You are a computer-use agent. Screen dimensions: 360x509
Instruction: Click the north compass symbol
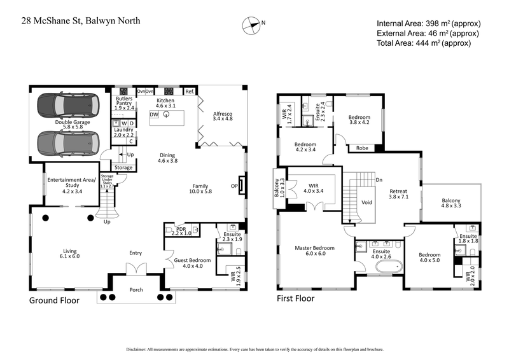252,25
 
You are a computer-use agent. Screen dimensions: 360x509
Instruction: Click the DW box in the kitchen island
154,114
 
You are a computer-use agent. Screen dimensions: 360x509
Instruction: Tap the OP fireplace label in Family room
235,186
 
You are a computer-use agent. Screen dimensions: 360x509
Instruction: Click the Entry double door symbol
136,270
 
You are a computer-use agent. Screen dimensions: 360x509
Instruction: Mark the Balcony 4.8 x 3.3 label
451,204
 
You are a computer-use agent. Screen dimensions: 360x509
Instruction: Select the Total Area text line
423,43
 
